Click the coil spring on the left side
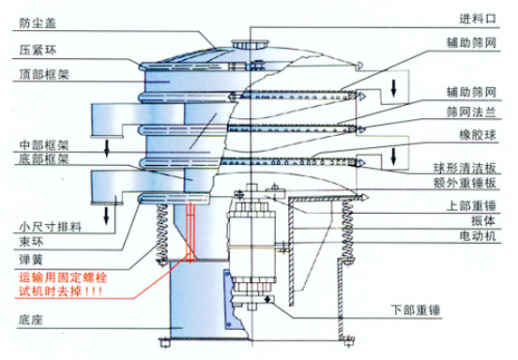pyautogui.click(x=161, y=234)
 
